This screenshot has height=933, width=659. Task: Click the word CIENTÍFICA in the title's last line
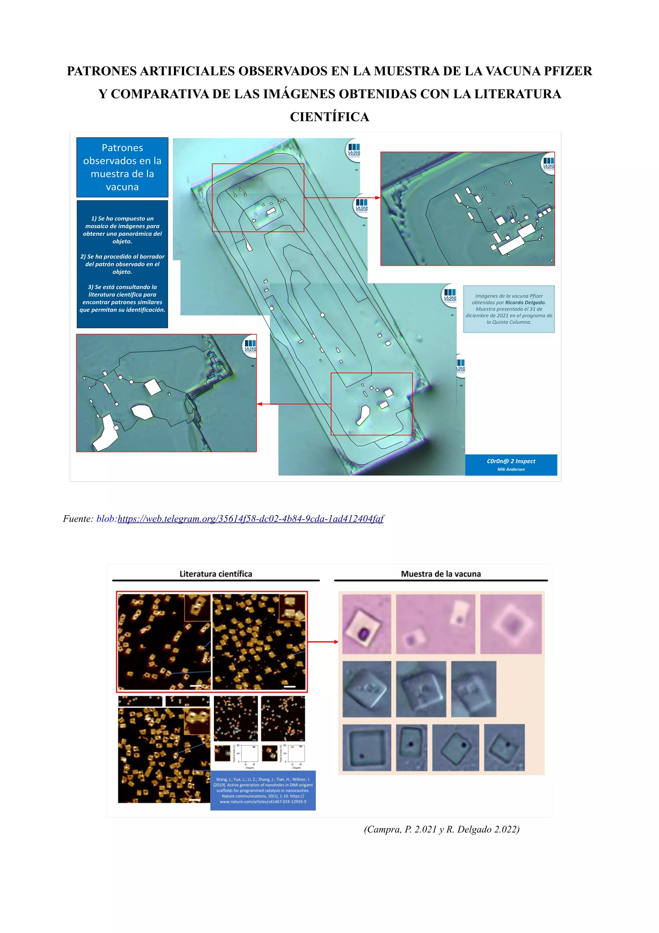329,117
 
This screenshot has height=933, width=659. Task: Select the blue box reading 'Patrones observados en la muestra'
122,167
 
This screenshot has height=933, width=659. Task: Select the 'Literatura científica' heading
216,574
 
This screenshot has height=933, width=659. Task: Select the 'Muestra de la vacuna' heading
441,574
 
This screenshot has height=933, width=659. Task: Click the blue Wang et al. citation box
263,790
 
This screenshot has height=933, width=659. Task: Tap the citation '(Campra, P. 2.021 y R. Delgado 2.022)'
441,829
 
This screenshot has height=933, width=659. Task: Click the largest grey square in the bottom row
367,748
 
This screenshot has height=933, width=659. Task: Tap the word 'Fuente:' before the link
78,519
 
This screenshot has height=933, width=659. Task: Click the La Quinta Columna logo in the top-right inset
548,164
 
